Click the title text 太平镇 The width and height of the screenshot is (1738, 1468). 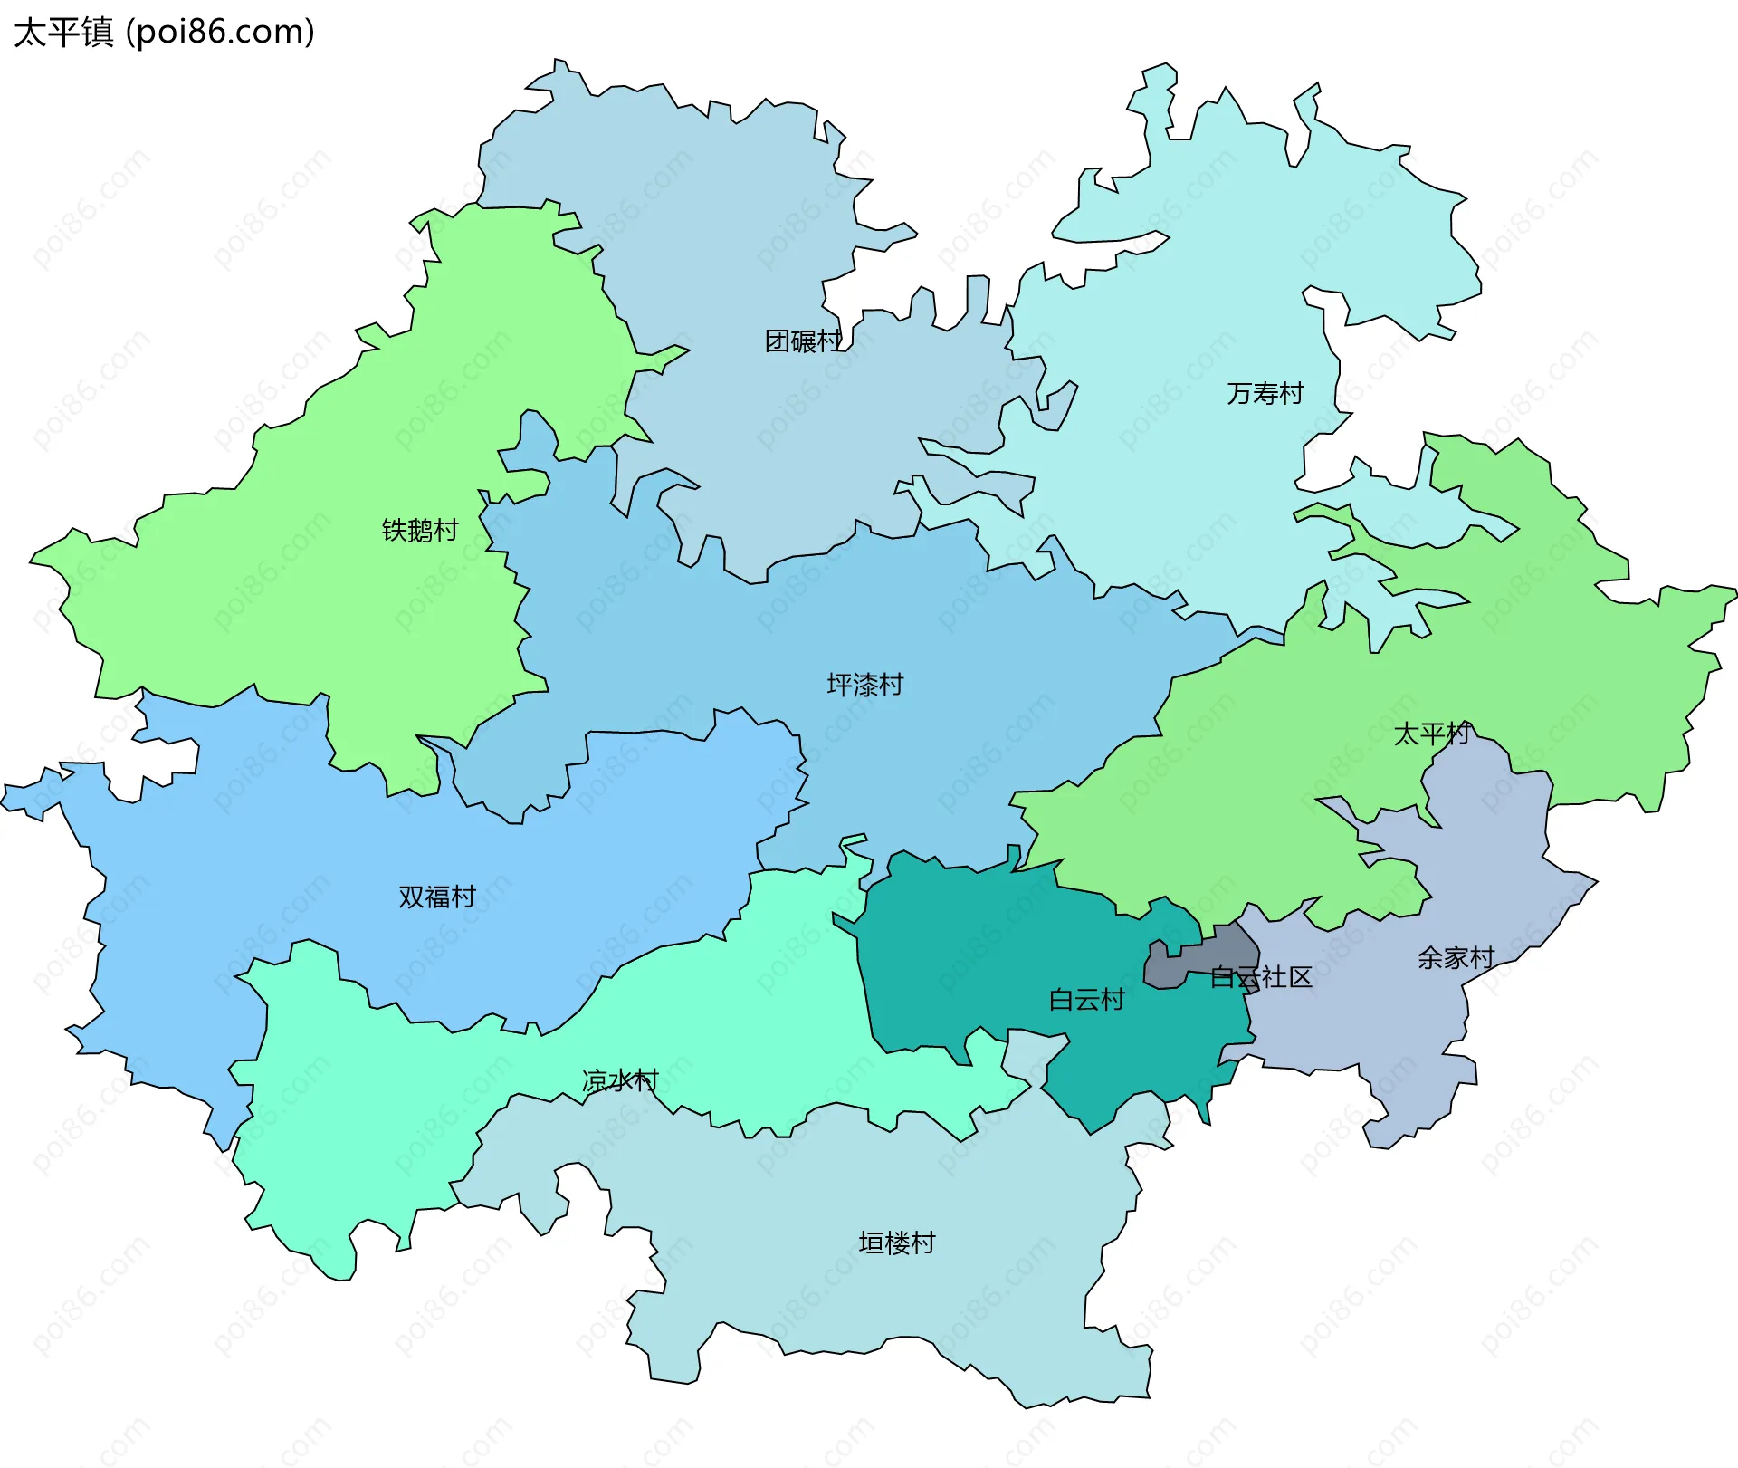pyautogui.click(x=63, y=32)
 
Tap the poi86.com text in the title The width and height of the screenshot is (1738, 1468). pyautogui.click(x=220, y=32)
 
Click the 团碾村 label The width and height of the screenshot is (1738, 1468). pyautogui.click(x=803, y=341)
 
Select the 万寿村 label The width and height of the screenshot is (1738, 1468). pyautogui.click(x=1265, y=393)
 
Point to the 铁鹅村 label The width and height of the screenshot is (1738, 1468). pyautogui.click(x=420, y=530)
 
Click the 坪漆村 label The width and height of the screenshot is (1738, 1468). pyautogui.click(x=864, y=685)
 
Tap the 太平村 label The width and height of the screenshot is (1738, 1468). pyautogui.click(x=1431, y=734)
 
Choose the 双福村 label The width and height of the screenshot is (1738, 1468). pyautogui.click(x=437, y=897)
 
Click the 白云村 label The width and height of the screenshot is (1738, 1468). pyautogui.click(x=1086, y=1000)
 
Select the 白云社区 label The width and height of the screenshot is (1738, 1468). pyautogui.click(x=1261, y=977)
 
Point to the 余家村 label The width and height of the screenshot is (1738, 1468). pyautogui.click(x=1456, y=957)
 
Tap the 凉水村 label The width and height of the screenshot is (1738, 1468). pyautogui.click(x=620, y=1080)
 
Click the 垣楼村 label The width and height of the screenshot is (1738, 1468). pyautogui.click(x=896, y=1243)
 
